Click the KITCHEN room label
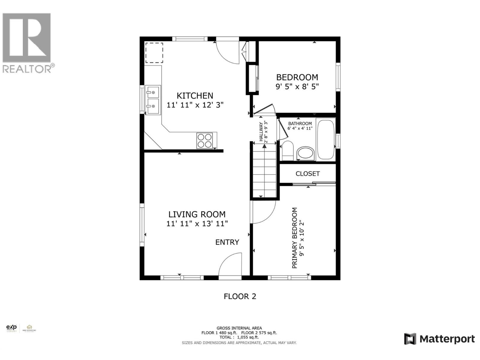195,96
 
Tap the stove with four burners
205,141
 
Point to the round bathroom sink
306,153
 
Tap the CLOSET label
307,174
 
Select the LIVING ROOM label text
197,214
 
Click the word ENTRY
227,242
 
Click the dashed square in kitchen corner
154,53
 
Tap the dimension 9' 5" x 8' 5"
297,87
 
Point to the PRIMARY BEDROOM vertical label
295,238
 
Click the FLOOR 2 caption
240,296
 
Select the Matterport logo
439,339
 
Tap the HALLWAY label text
261,132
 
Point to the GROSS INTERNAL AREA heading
239,328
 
